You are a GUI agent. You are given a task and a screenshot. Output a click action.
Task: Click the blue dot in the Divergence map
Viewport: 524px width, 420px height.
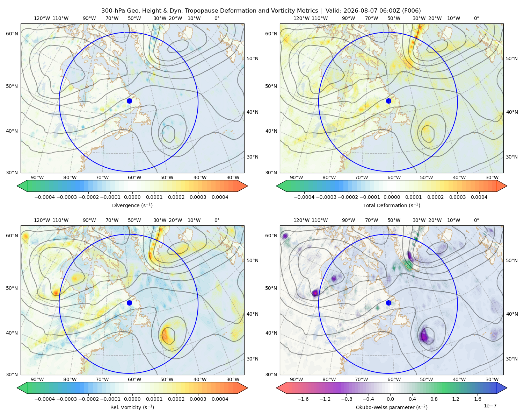pos(129,101)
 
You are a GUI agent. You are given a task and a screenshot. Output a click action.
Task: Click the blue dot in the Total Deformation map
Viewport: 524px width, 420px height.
pos(388,101)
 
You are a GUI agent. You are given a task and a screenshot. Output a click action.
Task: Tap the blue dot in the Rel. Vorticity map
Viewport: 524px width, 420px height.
pos(129,303)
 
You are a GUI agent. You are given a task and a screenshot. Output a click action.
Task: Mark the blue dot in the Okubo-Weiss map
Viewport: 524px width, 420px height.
pos(388,303)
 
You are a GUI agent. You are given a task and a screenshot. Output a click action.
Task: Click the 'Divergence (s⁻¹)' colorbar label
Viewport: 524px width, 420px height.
pos(132,205)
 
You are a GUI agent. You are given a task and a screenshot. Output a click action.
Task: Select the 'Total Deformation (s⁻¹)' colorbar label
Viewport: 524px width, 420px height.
pos(392,205)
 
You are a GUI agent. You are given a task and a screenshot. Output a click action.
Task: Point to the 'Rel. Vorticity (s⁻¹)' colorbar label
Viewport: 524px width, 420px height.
pos(132,407)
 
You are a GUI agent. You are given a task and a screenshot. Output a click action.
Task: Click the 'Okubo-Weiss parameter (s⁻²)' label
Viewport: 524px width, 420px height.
pos(392,407)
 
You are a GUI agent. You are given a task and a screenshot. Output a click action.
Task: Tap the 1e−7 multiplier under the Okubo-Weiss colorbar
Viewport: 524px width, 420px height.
pos(490,406)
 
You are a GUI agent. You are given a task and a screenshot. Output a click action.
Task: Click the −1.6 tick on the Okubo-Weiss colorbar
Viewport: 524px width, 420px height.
pos(303,399)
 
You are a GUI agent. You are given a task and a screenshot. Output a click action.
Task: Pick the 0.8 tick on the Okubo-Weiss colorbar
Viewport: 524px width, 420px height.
pos(434,399)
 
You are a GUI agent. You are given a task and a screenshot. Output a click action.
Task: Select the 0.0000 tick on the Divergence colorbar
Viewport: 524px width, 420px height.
pos(132,197)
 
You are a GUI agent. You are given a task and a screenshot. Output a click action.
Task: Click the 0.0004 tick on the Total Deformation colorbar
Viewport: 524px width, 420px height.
pos(479,197)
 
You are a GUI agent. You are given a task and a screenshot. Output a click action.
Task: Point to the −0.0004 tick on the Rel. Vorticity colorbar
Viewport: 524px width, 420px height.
pos(45,399)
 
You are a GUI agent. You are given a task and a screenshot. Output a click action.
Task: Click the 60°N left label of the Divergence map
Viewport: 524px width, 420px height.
pos(12,34)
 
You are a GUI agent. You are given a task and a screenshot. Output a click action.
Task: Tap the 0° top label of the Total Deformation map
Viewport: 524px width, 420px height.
pos(476,18)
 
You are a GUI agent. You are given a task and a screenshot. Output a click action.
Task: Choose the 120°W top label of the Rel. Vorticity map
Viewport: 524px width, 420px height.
pos(42,220)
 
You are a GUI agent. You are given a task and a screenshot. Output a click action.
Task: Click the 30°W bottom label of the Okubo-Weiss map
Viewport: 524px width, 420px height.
pos(492,379)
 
